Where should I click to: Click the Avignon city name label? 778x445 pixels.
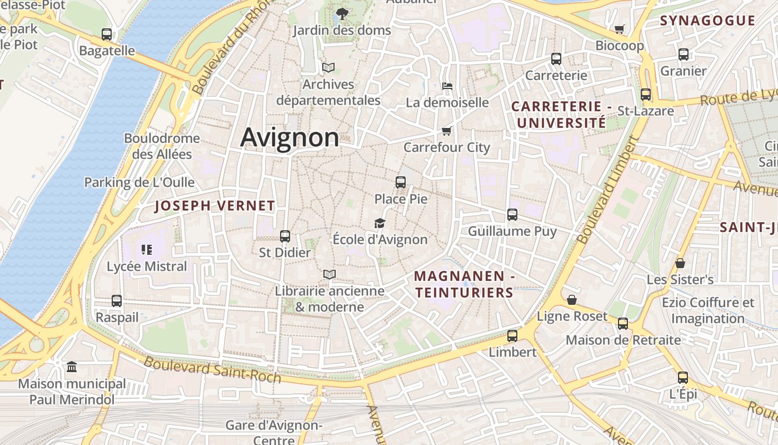point(290,137)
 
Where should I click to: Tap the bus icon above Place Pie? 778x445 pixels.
point(400,182)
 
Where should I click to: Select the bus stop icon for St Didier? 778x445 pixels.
point(285,236)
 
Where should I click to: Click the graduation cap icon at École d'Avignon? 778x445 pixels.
point(380,223)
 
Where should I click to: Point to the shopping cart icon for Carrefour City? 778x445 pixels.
point(446,131)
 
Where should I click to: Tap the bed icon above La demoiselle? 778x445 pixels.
point(447,86)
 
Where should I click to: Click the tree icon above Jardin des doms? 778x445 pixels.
point(342,13)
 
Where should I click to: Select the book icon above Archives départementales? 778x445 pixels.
point(328,68)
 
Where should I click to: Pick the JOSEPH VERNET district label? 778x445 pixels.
point(215,206)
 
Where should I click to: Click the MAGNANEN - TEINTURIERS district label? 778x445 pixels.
point(463,284)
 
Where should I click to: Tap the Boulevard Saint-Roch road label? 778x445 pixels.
point(213,370)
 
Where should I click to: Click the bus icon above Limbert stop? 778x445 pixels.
point(512,336)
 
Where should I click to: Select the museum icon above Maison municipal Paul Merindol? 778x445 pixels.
point(72,367)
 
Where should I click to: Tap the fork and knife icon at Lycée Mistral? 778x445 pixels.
point(147,250)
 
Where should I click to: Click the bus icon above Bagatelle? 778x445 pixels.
point(107,34)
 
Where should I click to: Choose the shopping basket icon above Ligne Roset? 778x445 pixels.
point(572,300)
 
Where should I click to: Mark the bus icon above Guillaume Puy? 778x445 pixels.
point(512,214)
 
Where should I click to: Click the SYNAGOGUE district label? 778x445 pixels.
point(707,21)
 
